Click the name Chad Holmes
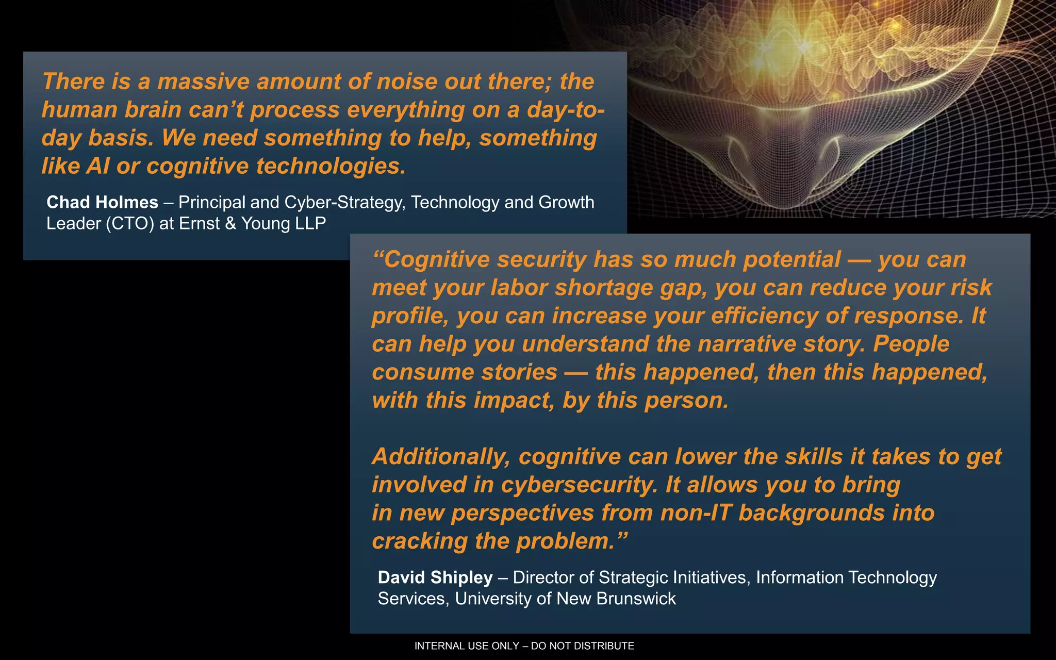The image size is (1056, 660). pos(102,202)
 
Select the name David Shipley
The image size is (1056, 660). pos(435,577)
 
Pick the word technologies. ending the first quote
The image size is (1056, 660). pos(331,166)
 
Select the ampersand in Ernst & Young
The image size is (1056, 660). pos(230,223)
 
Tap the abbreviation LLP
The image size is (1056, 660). pos(310,223)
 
